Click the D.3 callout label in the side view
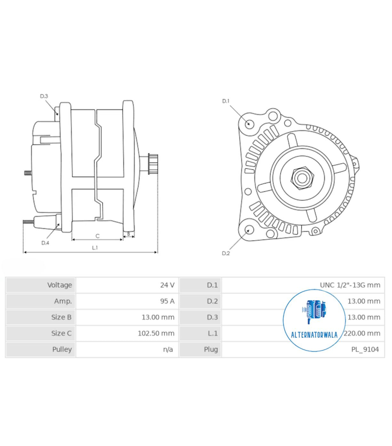pyautogui.click(x=44, y=96)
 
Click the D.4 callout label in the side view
pyautogui.click(x=45, y=243)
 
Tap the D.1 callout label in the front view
pyautogui.click(x=226, y=101)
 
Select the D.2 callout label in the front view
pyautogui.click(x=226, y=253)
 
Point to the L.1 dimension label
pyautogui.click(x=95, y=248)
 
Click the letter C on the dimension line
pyautogui.click(x=98, y=236)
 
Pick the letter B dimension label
pyautogui.click(x=129, y=234)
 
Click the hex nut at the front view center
pyautogui.click(x=302, y=178)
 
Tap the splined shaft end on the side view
pyautogui.click(x=153, y=164)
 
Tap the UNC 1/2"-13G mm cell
pyautogui.click(x=350, y=285)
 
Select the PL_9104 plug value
pyautogui.click(x=365, y=349)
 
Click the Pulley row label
pyautogui.click(x=62, y=349)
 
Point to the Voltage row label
pyautogui.click(x=60, y=285)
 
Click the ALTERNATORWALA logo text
pyautogui.click(x=314, y=335)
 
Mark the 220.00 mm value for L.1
pyautogui.click(x=362, y=333)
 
